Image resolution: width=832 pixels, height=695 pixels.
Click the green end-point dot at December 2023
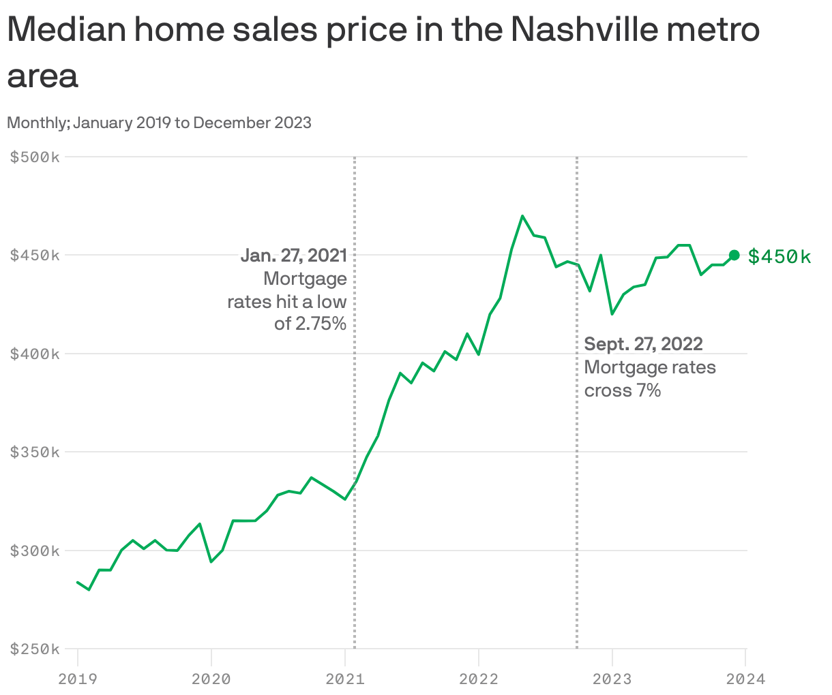734,255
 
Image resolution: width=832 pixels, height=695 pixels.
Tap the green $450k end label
779,256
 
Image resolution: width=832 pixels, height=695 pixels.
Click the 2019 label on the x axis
78,679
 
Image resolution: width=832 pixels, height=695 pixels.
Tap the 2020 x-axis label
211,679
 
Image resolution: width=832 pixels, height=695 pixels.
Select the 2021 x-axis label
345,679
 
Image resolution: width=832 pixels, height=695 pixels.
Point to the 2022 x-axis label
479,679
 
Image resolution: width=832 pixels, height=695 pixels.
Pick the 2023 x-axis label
612,679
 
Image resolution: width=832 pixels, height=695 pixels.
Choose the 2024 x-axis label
745,679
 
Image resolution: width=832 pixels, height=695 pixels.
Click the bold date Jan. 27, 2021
294,256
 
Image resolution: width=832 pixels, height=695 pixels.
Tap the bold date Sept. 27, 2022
643,344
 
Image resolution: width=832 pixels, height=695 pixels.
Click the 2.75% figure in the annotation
320,324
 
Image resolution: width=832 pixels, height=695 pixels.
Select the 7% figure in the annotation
649,390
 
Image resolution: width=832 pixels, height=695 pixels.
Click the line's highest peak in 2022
522,216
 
